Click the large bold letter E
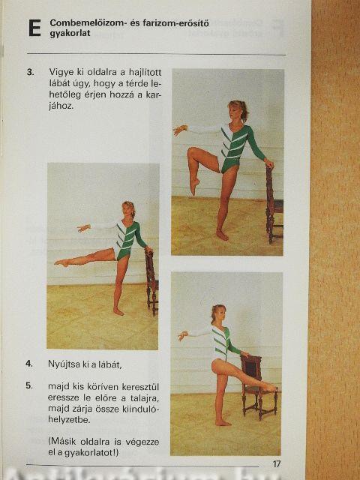click(x=35, y=28)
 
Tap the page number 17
click(x=277, y=463)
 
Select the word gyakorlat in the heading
click(x=70, y=33)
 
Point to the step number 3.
click(x=30, y=73)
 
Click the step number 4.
click(x=29, y=364)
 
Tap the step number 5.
click(x=29, y=385)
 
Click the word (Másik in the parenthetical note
click(x=62, y=442)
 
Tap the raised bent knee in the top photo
click(x=193, y=151)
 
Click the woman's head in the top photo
click(x=238, y=111)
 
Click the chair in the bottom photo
click(x=258, y=387)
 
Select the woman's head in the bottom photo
click(x=218, y=313)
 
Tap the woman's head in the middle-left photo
click(x=128, y=209)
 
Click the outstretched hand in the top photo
click(x=180, y=130)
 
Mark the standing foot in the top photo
click(x=222, y=235)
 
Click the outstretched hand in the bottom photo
click(x=183, y=336)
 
